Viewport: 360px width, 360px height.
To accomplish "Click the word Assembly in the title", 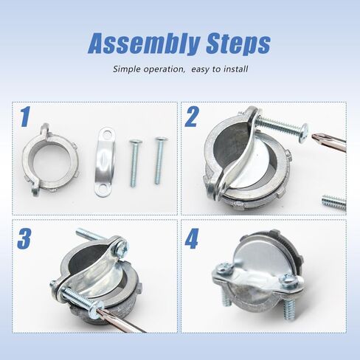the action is point(143,44).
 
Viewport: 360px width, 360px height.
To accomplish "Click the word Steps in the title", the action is point(238,44).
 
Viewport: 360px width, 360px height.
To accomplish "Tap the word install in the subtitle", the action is point(235,69).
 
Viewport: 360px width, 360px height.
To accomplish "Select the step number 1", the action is point(25,117).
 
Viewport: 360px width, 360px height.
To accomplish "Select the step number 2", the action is point(191,117).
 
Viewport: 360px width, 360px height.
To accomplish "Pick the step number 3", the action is point(24,238).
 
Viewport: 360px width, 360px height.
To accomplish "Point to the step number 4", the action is point(192,238).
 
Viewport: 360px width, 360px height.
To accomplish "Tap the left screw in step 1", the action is point(134,163).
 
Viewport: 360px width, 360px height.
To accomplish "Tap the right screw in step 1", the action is point(159,161).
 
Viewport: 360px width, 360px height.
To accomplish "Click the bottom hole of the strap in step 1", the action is point(103,190).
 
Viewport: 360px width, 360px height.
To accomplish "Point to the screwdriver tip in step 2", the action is point(314,136).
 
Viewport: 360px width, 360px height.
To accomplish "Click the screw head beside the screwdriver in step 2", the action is point(304,133).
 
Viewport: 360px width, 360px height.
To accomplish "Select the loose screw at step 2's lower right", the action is point(334,202).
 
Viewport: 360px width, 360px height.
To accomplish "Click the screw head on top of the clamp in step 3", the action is point(123,246).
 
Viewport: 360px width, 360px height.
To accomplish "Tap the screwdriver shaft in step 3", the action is point(123,322).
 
